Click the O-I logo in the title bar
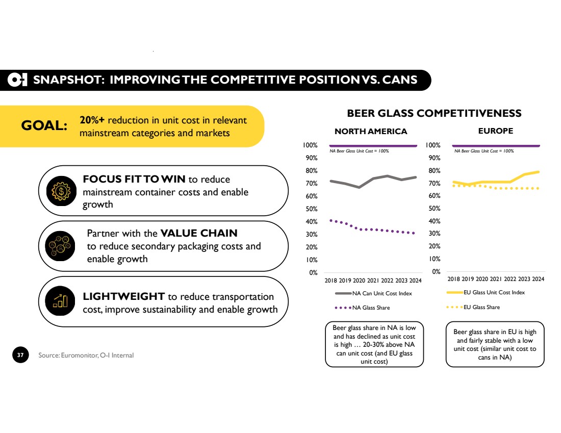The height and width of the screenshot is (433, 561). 17,80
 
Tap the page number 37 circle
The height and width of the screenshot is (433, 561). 20,354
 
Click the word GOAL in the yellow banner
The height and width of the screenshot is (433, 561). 44,125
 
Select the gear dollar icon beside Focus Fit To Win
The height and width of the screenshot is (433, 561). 61,191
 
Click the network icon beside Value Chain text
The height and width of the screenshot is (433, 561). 60,246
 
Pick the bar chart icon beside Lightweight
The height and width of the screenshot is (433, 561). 60,301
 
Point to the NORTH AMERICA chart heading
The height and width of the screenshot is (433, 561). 371,132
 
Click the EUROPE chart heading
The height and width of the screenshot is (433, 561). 496,131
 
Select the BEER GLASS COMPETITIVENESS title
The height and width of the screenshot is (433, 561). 434,113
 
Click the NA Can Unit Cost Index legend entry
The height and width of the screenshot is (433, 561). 373,293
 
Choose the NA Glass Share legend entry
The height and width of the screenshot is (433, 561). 362,308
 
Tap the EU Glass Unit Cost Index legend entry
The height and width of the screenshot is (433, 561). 486,292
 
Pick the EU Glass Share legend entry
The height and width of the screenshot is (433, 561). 473,307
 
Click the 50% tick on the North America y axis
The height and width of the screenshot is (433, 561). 311,209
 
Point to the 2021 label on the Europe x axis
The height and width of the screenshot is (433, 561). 496,279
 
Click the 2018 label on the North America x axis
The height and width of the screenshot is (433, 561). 330,281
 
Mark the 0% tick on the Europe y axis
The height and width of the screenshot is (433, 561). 436,272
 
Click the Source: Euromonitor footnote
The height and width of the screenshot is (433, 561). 86,355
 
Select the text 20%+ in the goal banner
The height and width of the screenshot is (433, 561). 92,120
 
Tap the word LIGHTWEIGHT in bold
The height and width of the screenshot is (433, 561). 123,297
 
